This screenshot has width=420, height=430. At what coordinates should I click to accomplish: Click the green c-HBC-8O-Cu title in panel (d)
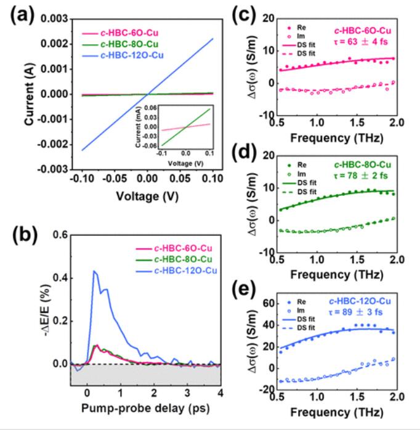pyautogui.click(x=366, y=164)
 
